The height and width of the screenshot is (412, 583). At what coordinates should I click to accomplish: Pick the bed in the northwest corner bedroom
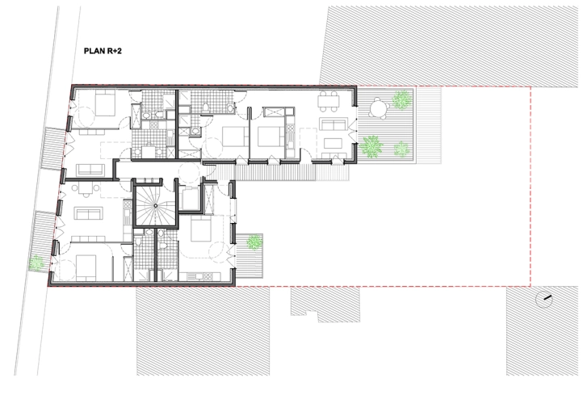tap(103, 104)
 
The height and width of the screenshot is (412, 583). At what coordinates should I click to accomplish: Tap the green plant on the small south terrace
tap(255, 241)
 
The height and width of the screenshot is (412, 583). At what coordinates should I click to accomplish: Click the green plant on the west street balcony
tap(36, 262)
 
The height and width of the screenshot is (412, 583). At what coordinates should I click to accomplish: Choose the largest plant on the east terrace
tap(371, 146)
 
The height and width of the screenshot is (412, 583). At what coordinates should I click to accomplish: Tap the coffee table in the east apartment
tap(333, 144)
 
